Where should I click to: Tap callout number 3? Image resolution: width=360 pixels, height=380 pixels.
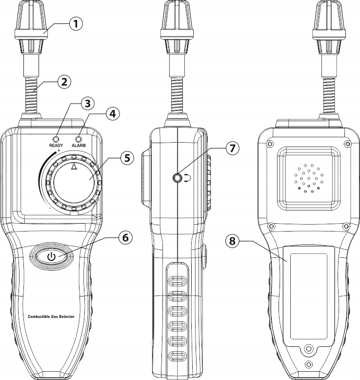coord(86,104)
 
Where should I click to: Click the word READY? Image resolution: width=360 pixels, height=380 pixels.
coord(56,146)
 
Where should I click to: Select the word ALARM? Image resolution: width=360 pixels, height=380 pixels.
coord(79,146)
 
